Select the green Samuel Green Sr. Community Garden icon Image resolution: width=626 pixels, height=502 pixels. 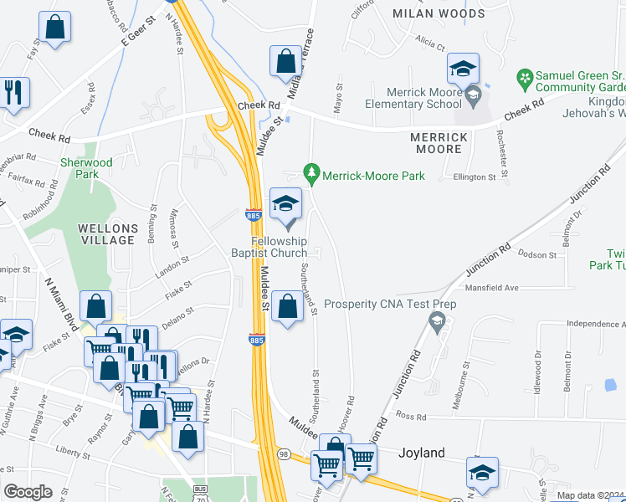click(525, 80)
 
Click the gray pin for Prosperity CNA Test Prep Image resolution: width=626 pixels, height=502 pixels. click(436, 320)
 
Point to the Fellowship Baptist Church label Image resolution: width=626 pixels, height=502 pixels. click(275, 247)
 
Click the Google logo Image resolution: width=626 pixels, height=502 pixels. click(28, 491)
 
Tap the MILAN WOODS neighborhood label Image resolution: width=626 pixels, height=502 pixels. click(439, 14)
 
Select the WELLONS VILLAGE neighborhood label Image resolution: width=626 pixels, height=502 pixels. click(105, 234)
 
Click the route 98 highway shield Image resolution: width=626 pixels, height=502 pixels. click(284, 453)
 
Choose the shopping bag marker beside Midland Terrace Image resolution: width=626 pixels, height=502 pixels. click(285, 63)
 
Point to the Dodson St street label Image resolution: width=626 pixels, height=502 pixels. click(536, 254)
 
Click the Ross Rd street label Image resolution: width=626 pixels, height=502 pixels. click(411, 416)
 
